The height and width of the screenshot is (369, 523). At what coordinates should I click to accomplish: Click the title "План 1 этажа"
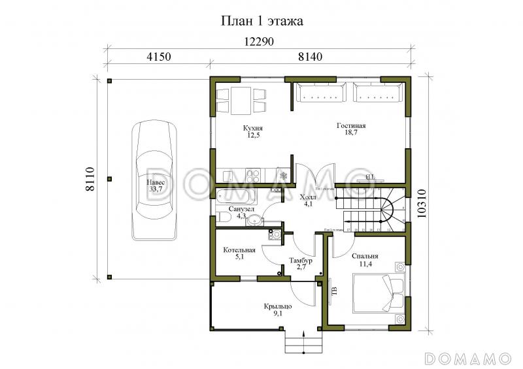(261, 21)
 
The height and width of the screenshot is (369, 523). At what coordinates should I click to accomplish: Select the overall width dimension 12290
(259, 42)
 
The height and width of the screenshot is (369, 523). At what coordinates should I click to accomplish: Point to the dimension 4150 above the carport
(158, 57)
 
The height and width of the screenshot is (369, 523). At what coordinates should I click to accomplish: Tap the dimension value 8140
(310, 57)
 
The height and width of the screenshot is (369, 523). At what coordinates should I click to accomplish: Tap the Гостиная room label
(351, 129)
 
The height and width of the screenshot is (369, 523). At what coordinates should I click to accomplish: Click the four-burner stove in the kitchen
(253, 175)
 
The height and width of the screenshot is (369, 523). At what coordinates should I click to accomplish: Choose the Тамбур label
(300, 264)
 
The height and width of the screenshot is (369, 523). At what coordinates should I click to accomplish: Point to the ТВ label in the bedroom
(333, 291)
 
